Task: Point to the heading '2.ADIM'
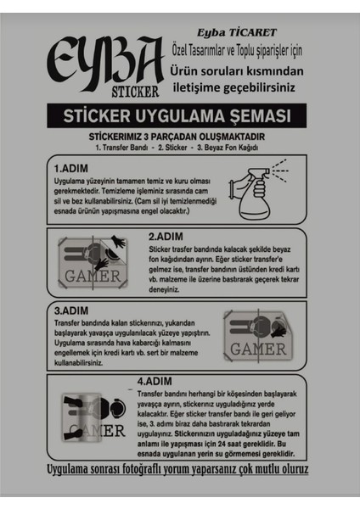click(x=168, y=237)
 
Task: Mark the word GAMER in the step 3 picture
click(x=258, y=348)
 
